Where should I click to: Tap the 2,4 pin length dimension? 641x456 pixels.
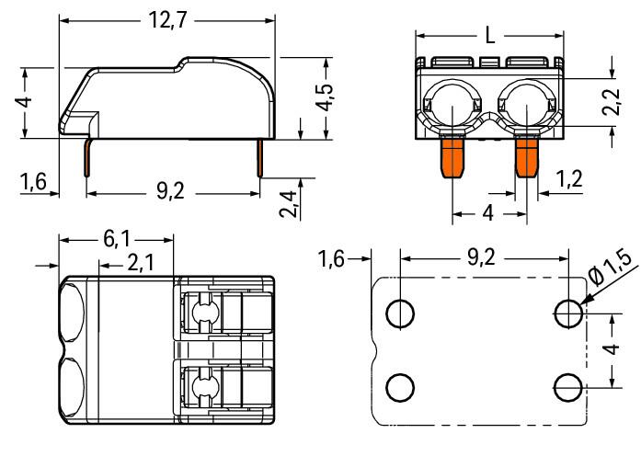click(287, 201)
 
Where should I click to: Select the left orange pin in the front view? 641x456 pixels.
click(452, 156)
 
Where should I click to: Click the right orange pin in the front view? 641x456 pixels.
click(526, 156)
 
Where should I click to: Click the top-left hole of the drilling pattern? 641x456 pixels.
click(399, 314)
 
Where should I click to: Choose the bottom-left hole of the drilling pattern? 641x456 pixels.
click(399, 387)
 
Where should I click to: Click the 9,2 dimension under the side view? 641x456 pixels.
click(172, 194)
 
